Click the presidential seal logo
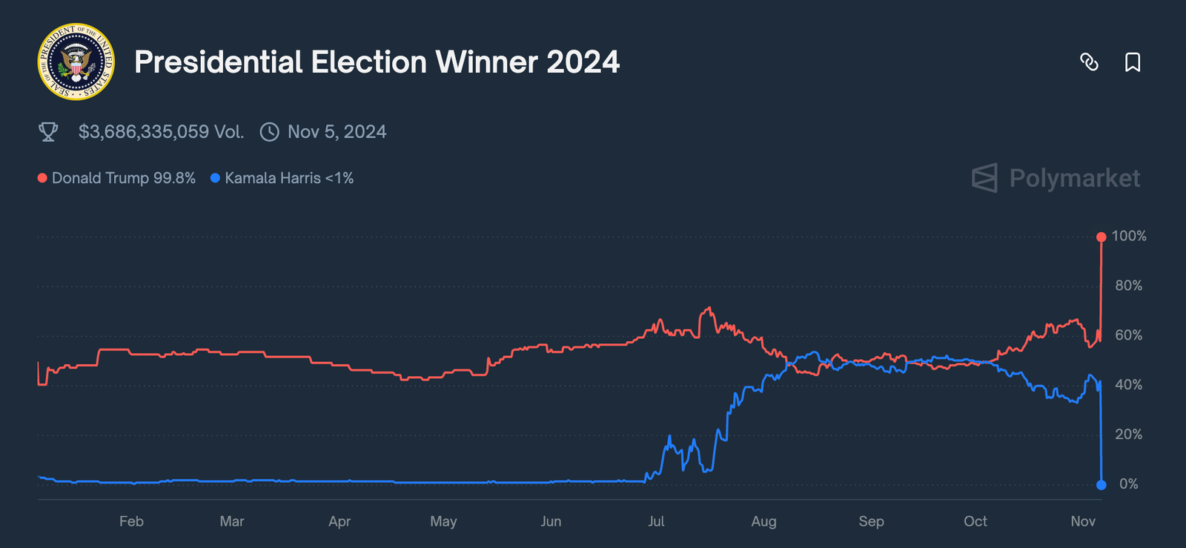[x=76, y=62]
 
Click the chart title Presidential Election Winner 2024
[x=377, y=62]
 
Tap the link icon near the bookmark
[x=1089, y=62]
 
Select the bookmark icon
[x=1132, y=62]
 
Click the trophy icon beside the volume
[x=48, y=132]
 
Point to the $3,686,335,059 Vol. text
[x=161, y=132]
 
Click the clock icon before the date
[x=270, y=132]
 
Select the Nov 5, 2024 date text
[x=337, y=132]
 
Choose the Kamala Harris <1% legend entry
[x=282, y=178]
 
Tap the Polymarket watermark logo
[x=1056, y=178]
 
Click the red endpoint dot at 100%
[x=1101, y=237]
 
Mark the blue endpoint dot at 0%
[x=1101, y=484]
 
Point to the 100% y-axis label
[x=1128, y=236]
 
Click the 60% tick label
[x=1128, y=335]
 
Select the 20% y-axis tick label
[x=1128, y=435]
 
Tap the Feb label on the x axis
[x=131, y=521]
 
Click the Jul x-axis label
[x=656, y=521]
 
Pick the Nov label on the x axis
[x=1083, y=521]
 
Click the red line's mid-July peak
[x=709, y=308]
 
